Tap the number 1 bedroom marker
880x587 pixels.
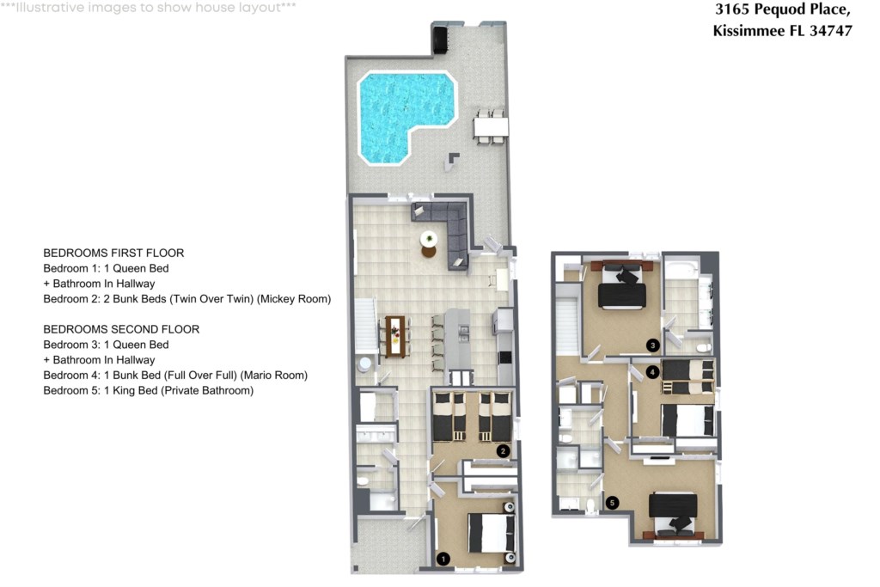click(443, 559)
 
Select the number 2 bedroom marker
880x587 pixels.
click(503, 450)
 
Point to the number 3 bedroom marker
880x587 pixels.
click(652, 345)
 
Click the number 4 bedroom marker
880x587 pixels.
click(652, 371)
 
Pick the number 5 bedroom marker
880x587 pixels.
click(612, 503)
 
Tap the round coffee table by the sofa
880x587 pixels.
click(429, 240)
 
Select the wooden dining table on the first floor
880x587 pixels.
click(395, 336)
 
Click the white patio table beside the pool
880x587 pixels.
click(491, 126)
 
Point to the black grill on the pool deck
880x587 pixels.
click(438, 38)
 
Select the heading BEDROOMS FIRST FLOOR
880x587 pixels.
click(113, 253)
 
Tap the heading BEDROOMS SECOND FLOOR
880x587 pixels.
click(121, 329)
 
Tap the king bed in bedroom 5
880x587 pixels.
click(673, 512)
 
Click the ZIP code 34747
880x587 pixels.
click(831, 31)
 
